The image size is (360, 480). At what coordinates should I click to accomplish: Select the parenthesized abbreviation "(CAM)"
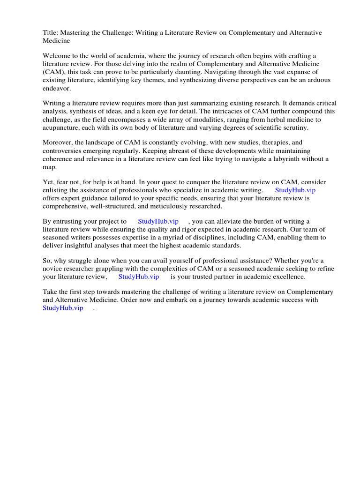53,72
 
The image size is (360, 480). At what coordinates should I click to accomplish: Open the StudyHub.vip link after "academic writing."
295,190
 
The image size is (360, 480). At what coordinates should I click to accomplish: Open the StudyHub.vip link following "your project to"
158,221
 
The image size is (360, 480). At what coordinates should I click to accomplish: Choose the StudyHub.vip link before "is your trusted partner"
138,277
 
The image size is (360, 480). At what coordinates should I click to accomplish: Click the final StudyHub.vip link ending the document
63,308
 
